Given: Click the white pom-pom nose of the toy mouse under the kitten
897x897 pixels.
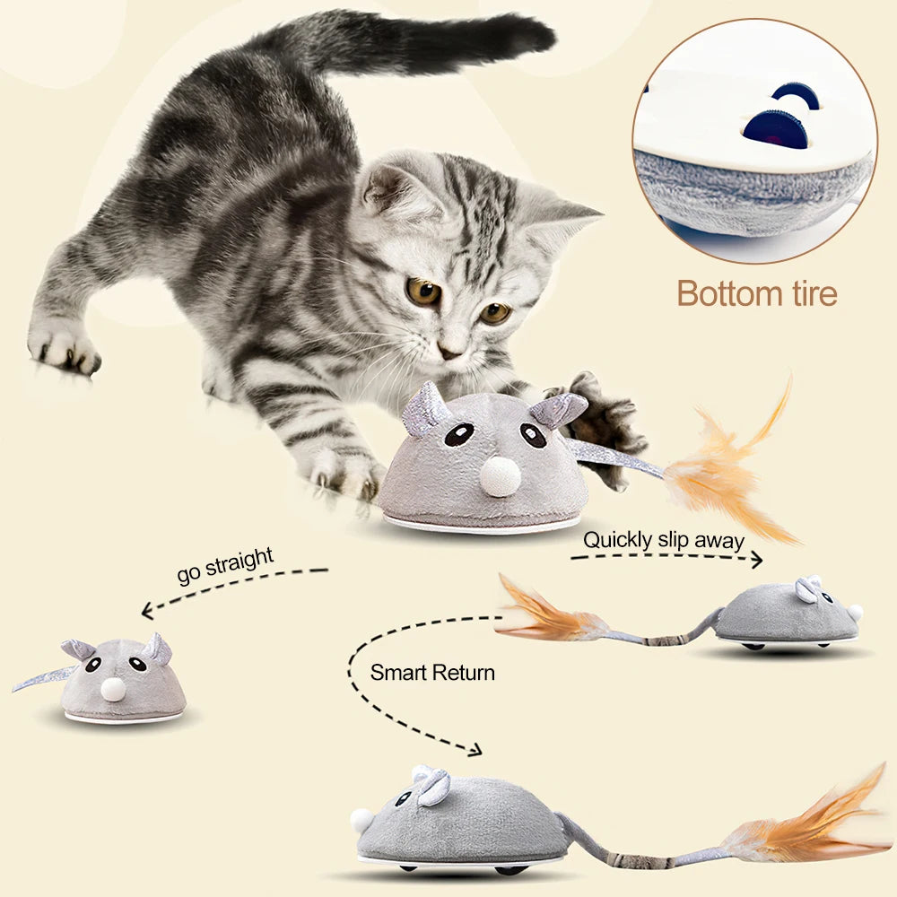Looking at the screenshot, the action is click(x=500, y=476).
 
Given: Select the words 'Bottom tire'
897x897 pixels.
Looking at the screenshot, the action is click(x=757, y=293).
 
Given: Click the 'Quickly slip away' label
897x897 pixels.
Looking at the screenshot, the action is click(x=664, y=539).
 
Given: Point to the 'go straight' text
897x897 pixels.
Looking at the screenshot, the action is click(x=225, y=565).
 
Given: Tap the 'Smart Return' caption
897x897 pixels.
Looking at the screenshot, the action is click(x=432, y=672).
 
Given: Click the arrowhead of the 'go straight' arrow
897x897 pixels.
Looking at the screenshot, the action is click(x=148, y=610).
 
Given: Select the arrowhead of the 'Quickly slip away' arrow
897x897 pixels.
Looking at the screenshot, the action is click(x=756, y=560).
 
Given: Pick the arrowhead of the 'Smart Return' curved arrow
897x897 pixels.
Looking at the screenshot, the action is click(x=475, y=750).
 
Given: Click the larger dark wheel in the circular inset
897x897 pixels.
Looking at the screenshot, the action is click(x=775, y=128).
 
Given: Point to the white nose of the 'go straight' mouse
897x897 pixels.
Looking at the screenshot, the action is click(x=112, y=689).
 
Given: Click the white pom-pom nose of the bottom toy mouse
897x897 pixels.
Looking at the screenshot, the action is click(x=361, y=821).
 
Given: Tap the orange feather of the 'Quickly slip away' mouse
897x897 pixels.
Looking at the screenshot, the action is click(x=549, y=612).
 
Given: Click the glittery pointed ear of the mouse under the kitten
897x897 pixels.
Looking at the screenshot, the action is click(x=424, y=407).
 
